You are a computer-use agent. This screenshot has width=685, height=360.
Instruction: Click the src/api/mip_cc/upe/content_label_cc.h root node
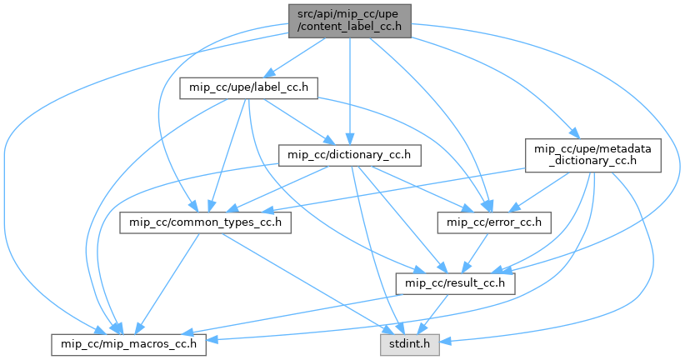[x=350, y=19]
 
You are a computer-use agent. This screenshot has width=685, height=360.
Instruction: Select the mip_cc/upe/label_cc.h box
[x=249, y=87]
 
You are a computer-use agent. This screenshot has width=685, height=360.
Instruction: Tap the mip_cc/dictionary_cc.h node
[x=349, y=155]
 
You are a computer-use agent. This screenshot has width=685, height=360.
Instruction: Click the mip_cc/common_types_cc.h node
[x=205, y=222]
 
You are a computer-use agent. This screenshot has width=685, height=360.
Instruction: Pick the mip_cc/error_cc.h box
[x=494, y=222]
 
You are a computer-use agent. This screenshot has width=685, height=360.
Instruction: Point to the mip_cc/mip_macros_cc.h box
[x=128, y=343]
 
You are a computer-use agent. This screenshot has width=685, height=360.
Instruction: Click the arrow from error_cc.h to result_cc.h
[x=478, y=250]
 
